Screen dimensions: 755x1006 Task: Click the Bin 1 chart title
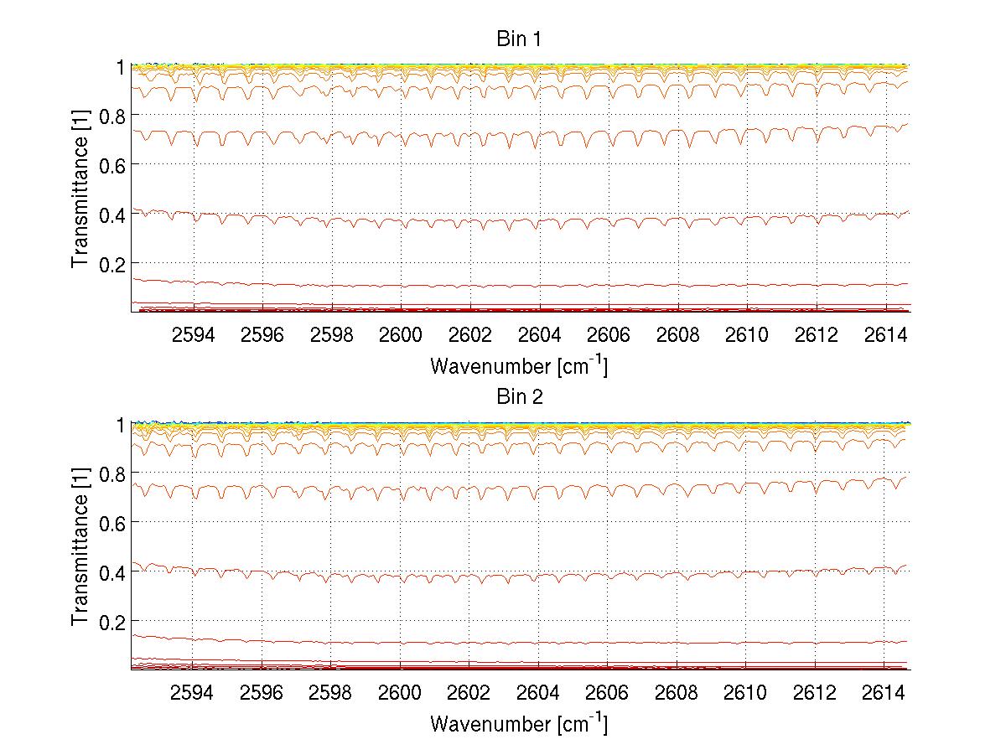pos(520,39)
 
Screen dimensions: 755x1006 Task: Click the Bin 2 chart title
pos(520,396)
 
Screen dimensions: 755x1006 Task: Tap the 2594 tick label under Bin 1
pos(194,336)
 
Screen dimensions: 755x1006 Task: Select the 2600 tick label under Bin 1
pos(401,336)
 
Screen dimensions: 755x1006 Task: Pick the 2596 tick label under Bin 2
pos(262,694)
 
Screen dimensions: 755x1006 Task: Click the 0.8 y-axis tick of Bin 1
pos(112,116)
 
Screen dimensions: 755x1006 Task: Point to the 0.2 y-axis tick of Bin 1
pos(112,263)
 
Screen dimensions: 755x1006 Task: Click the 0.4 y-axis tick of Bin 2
pos(112,572)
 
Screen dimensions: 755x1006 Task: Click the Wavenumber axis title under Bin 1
pos(518,365)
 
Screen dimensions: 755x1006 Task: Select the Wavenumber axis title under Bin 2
pos(518,723)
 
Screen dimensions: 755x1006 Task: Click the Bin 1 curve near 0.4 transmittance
pos(520,221)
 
